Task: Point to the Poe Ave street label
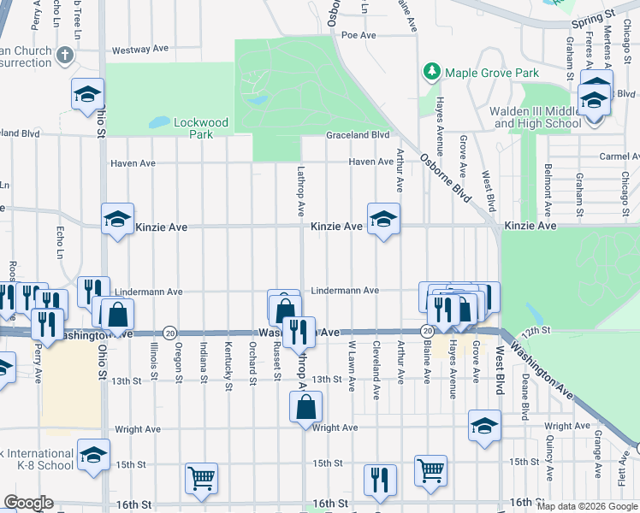coord(359,35)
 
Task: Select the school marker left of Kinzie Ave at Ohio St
coord(118,220)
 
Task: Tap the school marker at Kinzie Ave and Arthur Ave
coord(383,220)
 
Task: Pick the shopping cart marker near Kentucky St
coord(201,479)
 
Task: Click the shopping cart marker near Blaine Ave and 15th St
coord(430,469)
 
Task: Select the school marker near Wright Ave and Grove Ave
coord(484,427)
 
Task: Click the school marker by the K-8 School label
coord(93,456)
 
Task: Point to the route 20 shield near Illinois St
coord(169,332)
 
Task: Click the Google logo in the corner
coord(28,503)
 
